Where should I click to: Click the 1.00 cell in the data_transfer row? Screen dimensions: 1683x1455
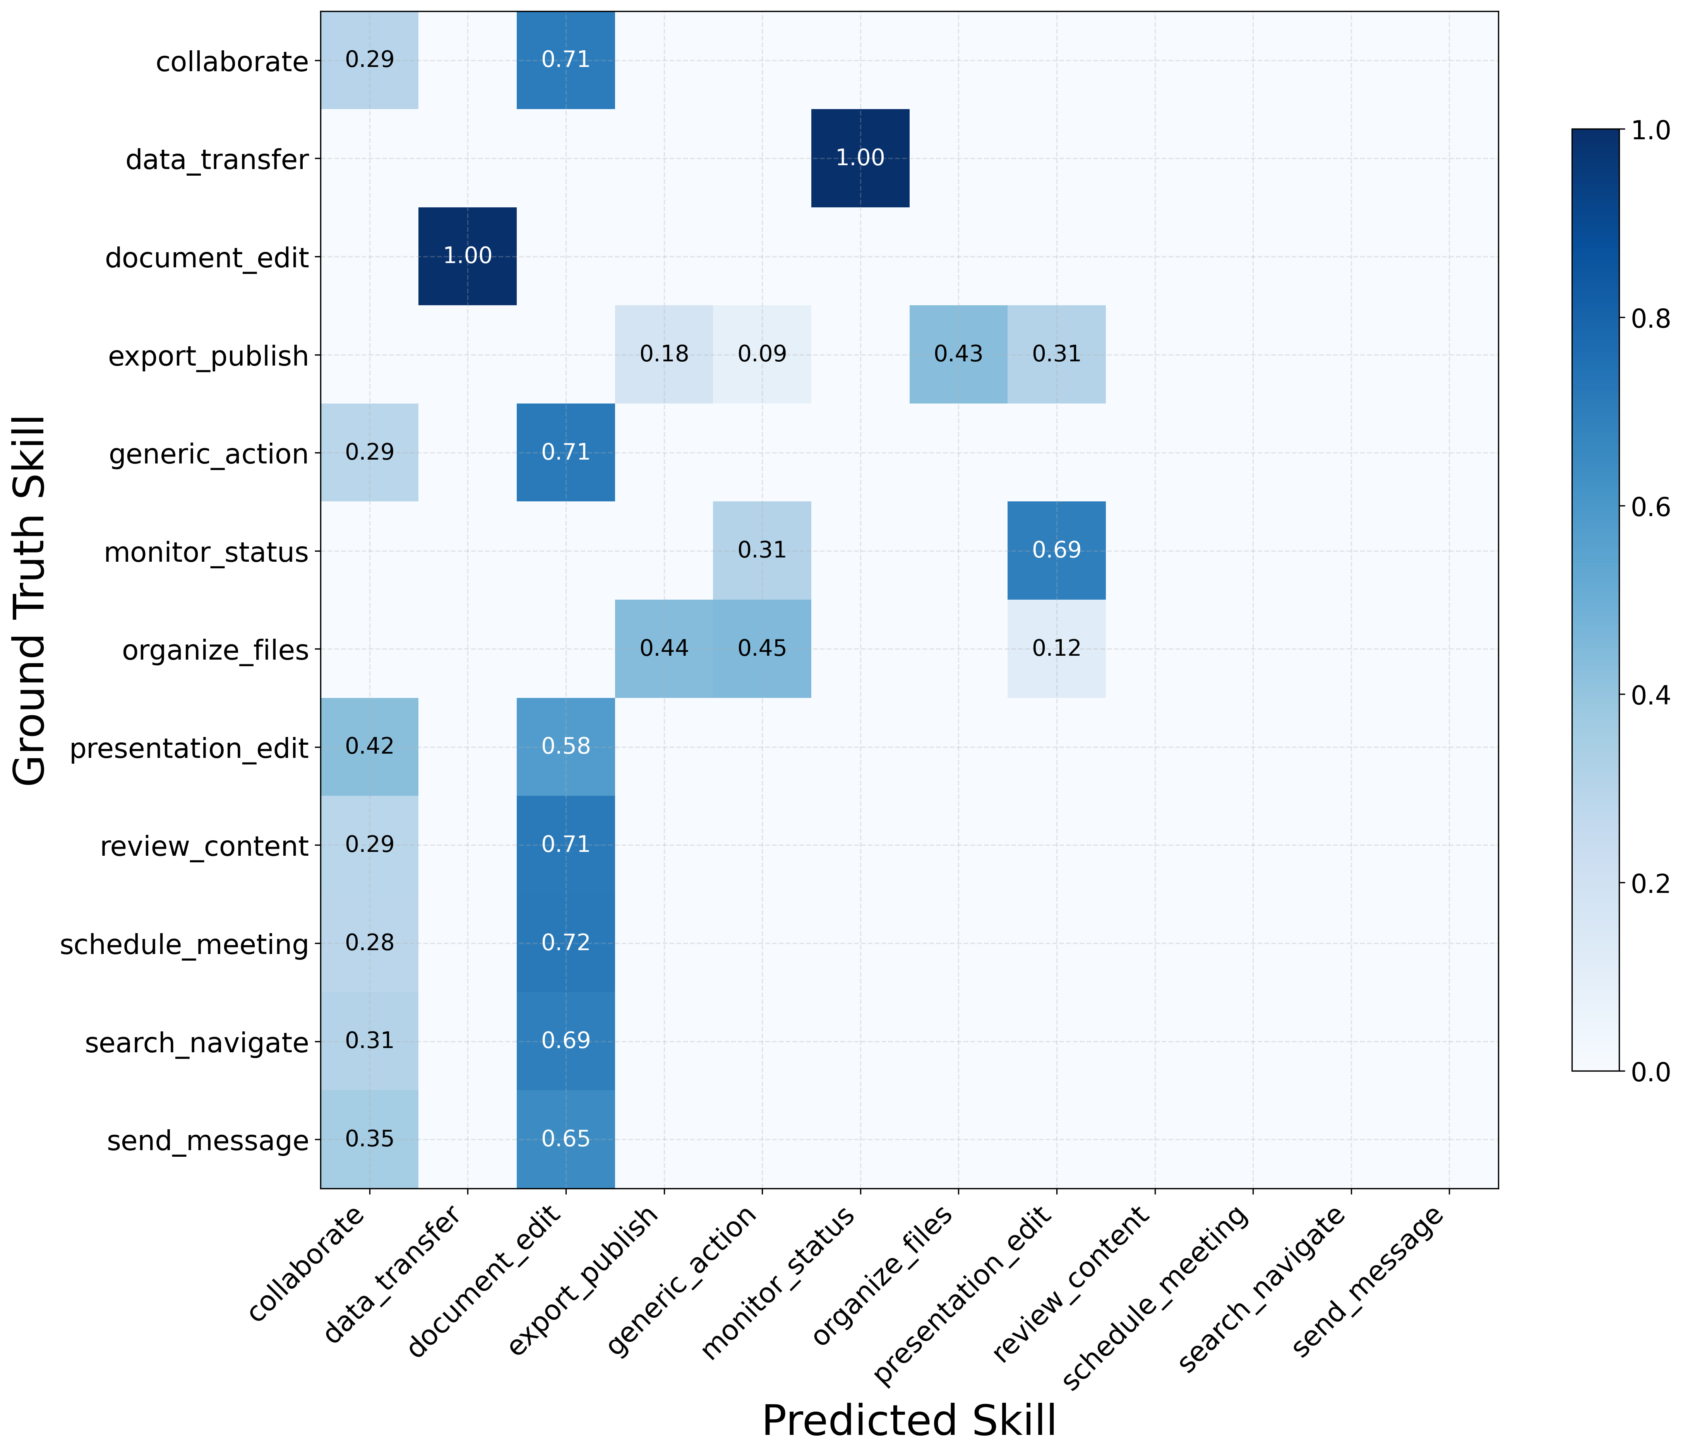pos(860,158)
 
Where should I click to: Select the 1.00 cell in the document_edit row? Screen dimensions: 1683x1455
pos(468,256)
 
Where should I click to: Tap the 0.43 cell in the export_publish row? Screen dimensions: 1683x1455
pos(958,355)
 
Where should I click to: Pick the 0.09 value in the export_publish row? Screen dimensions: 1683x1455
pos(762,355)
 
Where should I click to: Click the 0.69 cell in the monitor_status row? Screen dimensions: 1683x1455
pos(1057,551)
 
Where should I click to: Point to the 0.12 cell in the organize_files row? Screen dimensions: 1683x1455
pos(1057,649)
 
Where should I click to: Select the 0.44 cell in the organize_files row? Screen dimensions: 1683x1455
pos(665,649)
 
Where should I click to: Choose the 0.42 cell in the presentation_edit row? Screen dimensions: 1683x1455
pos(370,747)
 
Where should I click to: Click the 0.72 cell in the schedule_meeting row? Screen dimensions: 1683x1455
pos(566,944)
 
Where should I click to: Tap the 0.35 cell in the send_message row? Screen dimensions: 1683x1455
pos(370,1139)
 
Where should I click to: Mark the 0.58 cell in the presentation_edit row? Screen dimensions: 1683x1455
pos(566,747)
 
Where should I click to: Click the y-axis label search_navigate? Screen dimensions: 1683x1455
pos(197,1043)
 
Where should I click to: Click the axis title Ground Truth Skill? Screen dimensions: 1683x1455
pos(31,601)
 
